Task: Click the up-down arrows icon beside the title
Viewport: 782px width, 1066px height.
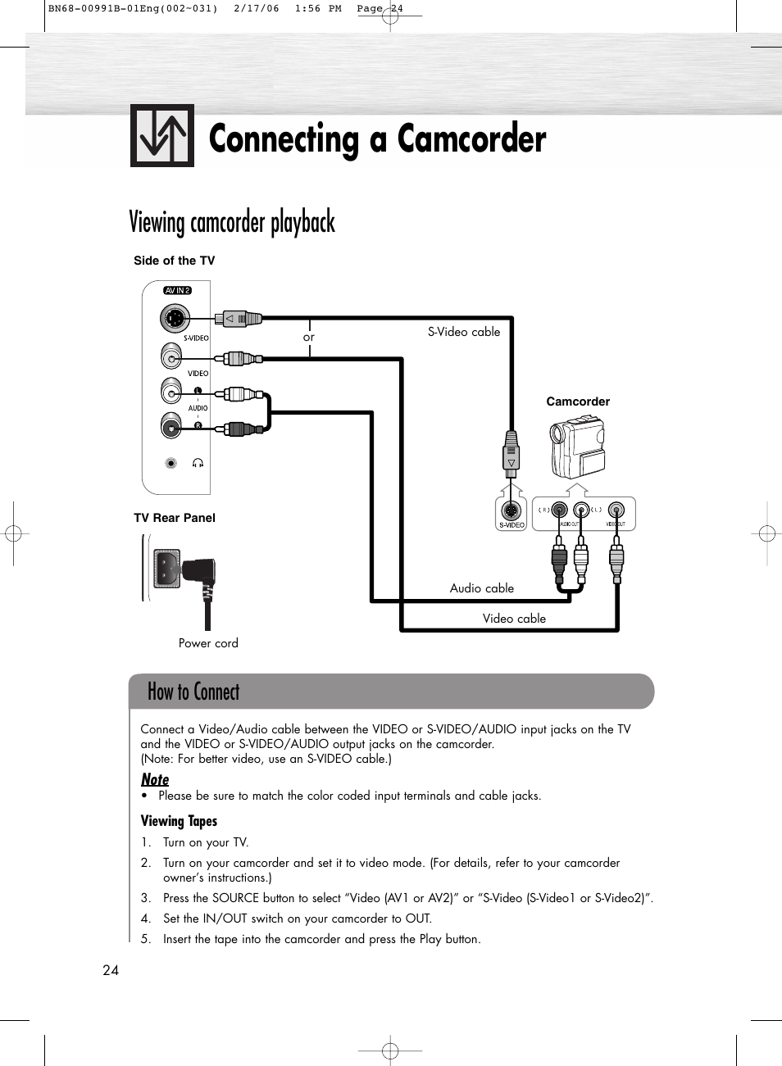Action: point(161,136)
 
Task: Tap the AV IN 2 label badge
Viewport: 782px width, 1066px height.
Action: point(177,290)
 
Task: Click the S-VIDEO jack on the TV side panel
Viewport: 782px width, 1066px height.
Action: point(173,318)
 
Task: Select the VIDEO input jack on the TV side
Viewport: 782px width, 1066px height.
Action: point(171,357)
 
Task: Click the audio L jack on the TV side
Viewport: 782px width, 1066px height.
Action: point(171,392)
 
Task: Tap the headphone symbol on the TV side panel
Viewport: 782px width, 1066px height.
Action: point(198,463)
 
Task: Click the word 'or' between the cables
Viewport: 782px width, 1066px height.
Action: point(308,337)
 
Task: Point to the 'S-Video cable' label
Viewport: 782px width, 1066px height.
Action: point(463,332)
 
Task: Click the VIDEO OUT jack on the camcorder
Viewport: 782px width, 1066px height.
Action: point(616,510)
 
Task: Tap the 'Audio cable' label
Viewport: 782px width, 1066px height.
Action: point(481,588)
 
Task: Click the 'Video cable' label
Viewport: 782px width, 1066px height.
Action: point(514,619)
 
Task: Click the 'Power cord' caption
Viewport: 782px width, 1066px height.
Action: point(208,643)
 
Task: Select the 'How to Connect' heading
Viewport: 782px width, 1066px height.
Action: point(193,692)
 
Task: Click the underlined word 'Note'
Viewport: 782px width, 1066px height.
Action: point(155,779)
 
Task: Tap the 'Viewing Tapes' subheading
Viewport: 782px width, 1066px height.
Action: point(179,821)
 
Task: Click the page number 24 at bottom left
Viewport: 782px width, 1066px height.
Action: point(111,970)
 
